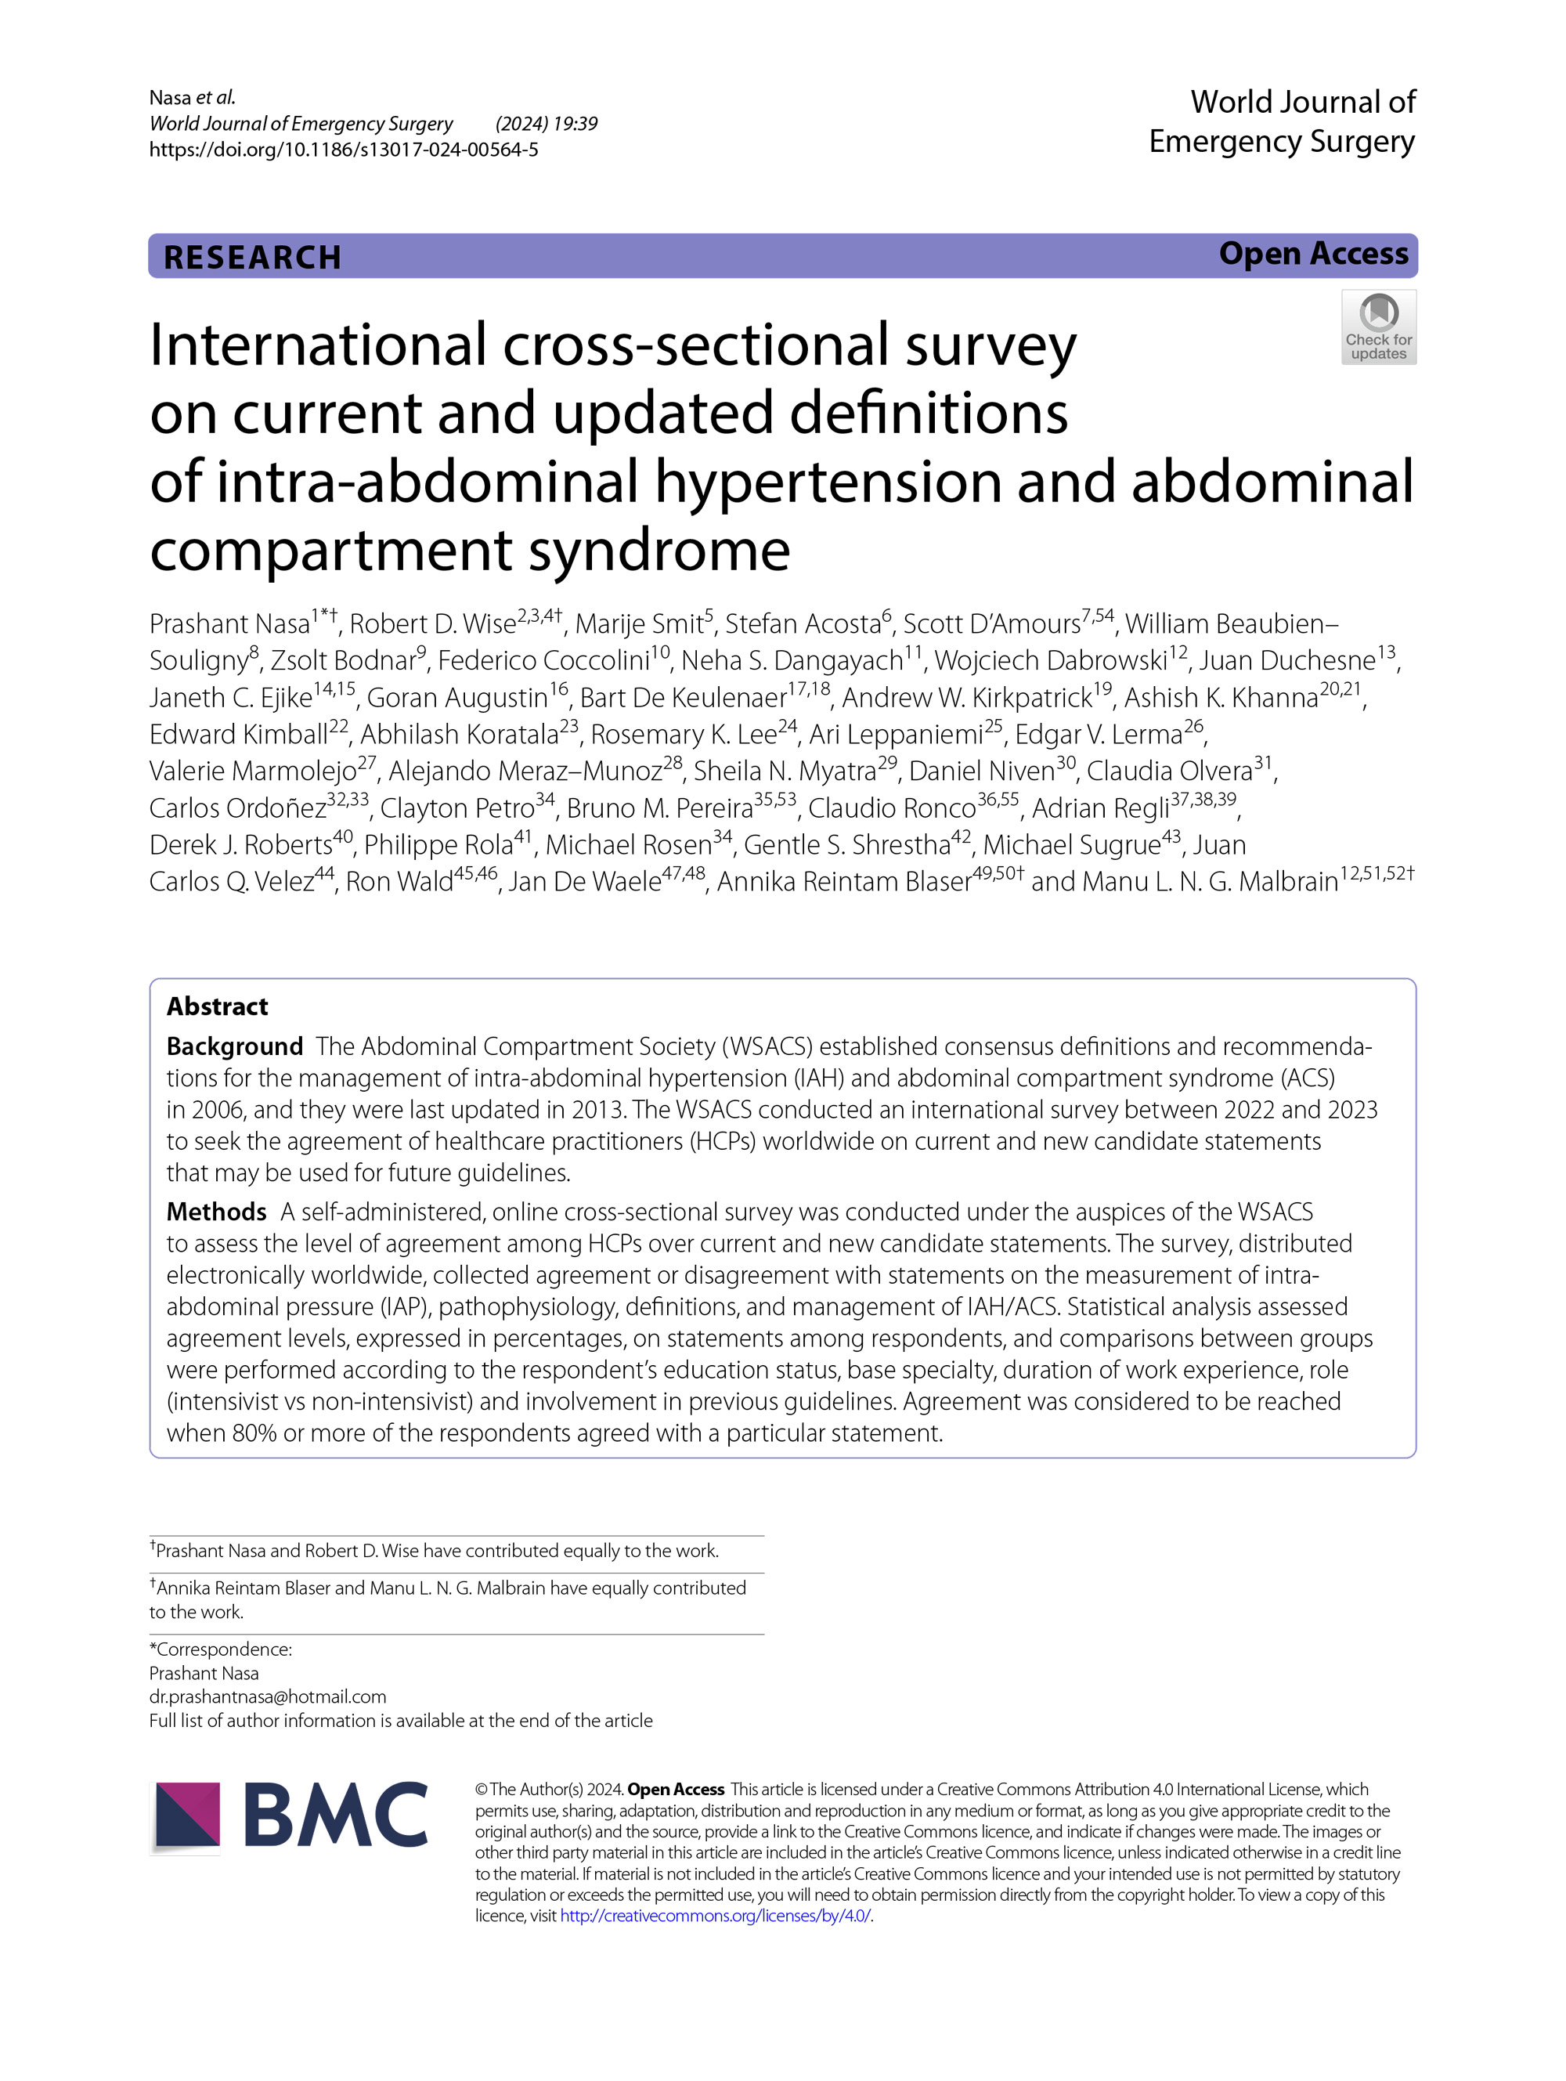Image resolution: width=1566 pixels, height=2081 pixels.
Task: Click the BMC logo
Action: tap(289, 1813)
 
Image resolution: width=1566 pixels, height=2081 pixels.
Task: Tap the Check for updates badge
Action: tap(1378, 327)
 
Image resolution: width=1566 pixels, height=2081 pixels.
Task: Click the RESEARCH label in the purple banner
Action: tap(252, 257)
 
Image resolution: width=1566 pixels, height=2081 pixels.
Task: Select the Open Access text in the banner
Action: tap(1313, 254)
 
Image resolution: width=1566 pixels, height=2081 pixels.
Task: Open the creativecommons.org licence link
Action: tap(715, 1916)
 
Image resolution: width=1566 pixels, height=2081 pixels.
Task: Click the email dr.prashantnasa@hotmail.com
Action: tap(267, 1696)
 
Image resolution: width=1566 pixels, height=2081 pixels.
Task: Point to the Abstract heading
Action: tap(217, 1006)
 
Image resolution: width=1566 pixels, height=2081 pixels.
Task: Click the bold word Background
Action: tap(234, 1046)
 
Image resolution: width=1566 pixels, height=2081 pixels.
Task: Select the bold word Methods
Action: tap(216, 1212)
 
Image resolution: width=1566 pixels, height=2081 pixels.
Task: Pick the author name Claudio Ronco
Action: tap(892, 808)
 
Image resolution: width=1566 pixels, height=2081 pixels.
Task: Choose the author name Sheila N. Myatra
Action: tap(785, 771)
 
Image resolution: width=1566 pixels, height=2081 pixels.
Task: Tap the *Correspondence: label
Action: tap(221, 1649)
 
